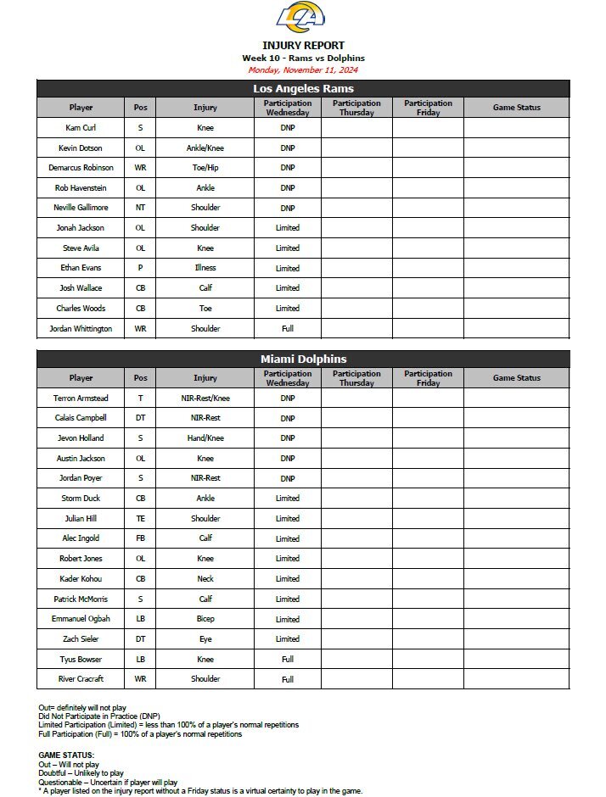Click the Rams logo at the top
[302, 18]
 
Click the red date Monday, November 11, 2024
[303, 70]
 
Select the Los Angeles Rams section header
[303, 88]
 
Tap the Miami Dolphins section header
[303, 359]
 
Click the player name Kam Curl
[81, 128]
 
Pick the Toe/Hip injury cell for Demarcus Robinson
[205, 168]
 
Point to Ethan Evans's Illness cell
[205, 268]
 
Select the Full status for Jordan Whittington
[287, 328]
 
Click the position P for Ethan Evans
[140, 268]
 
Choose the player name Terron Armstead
[81, 398]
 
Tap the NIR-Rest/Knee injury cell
[205, 398]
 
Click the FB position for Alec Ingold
[140, 538]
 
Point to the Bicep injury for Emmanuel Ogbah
[205, 619]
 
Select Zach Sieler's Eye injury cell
[205, 638]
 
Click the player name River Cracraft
[81, 679]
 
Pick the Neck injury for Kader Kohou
[205, 578]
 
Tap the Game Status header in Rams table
[516, 108]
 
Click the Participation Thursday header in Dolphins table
[356, 378]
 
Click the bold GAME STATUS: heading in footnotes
[66, 755]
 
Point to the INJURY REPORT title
[303, 46]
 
